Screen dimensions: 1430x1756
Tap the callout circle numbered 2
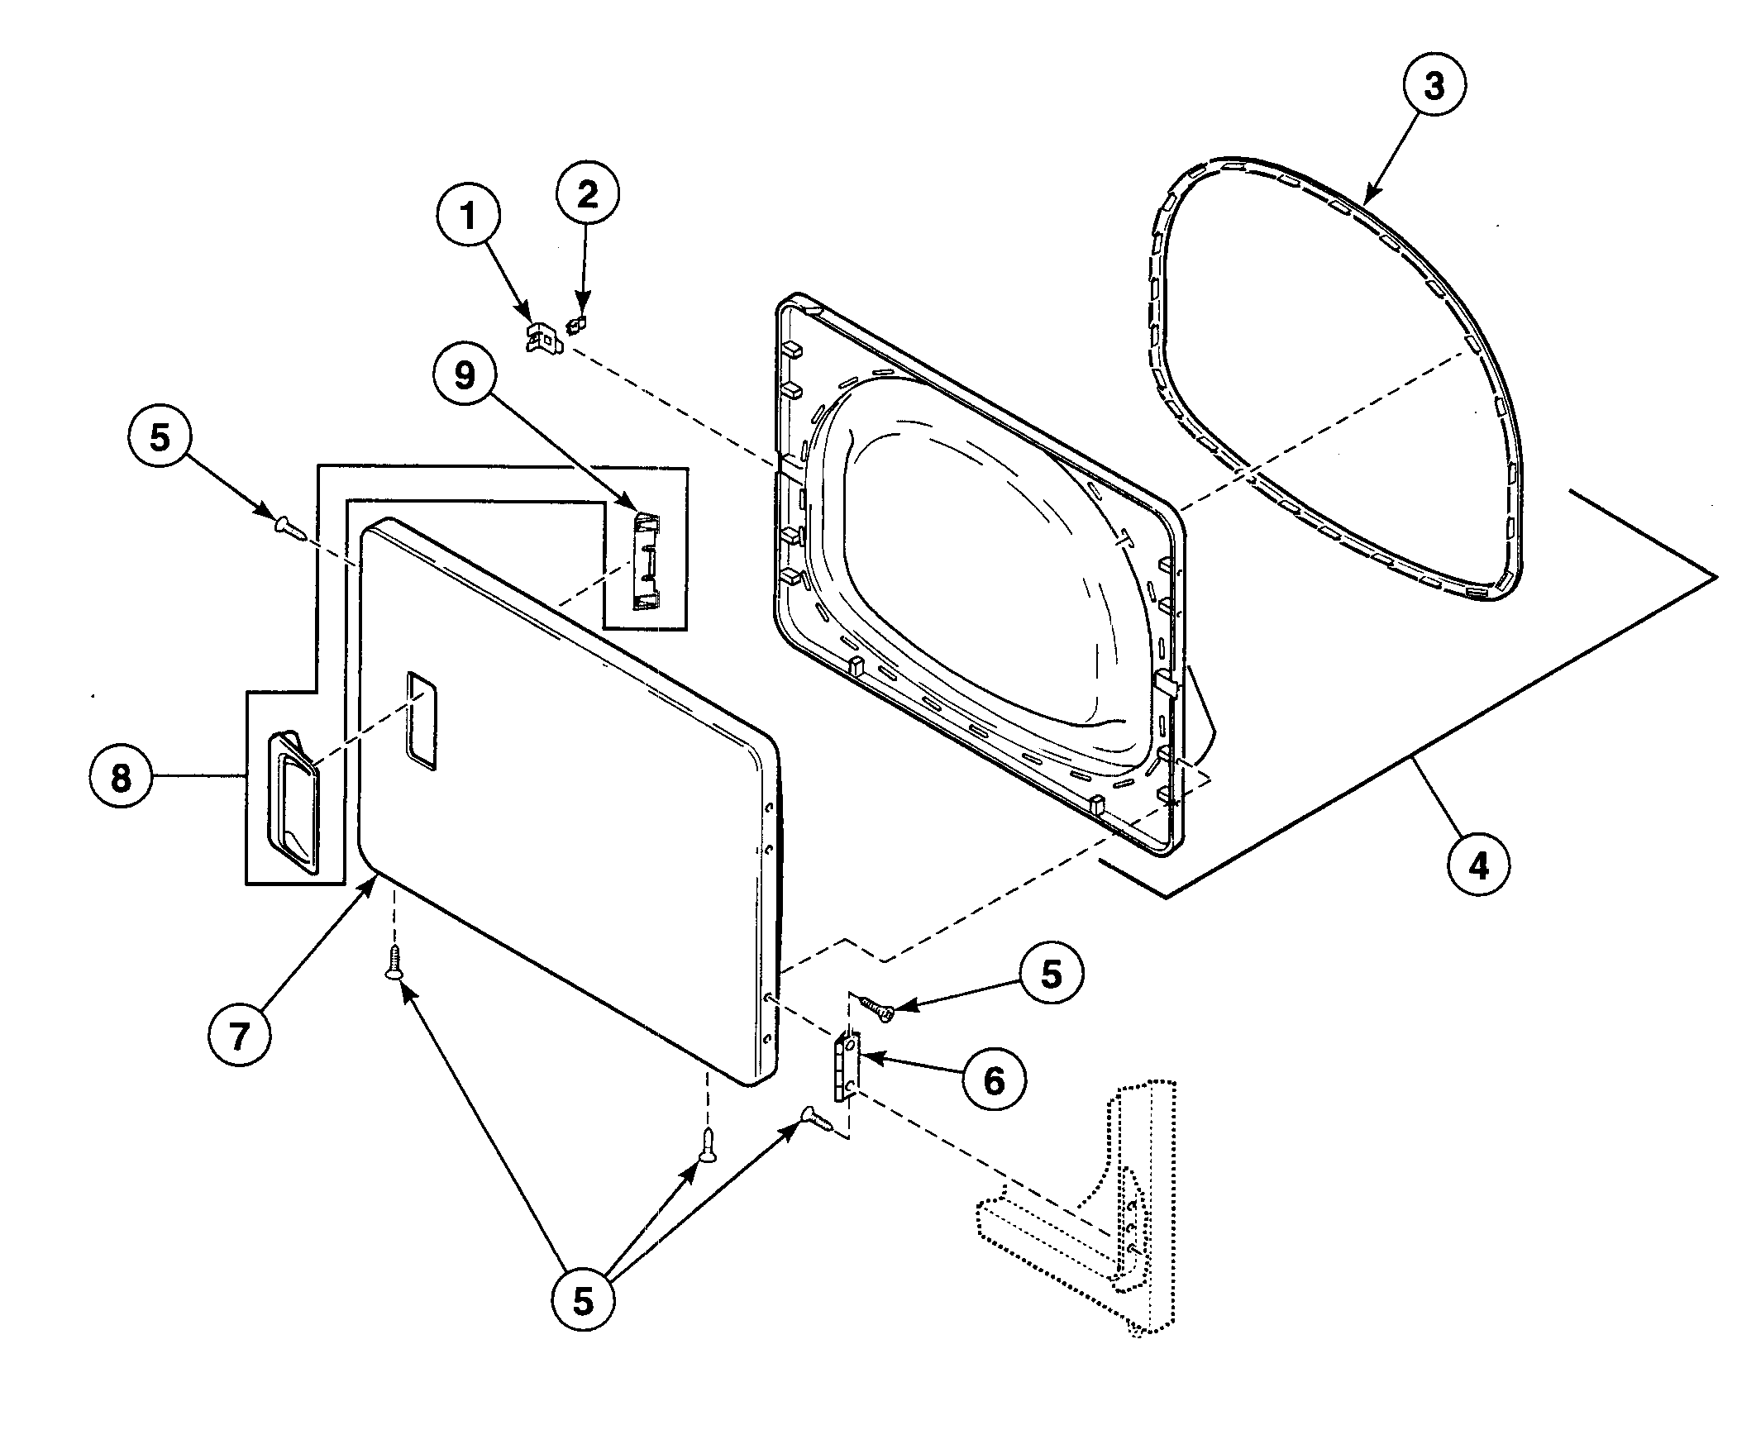[x=587, y=195]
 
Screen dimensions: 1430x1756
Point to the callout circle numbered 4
[x=1479, y=865]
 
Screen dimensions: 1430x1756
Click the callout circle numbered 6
[x=994, y=1079]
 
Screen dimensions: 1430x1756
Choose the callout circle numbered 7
[x=240, y=1036]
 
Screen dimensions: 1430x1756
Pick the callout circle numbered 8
[x=122, y=777]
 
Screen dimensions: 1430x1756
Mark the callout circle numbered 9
[x=465, y=376]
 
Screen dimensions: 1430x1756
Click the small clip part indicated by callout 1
[x=542, y=338]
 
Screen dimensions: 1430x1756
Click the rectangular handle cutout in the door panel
[x=421, y=721]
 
